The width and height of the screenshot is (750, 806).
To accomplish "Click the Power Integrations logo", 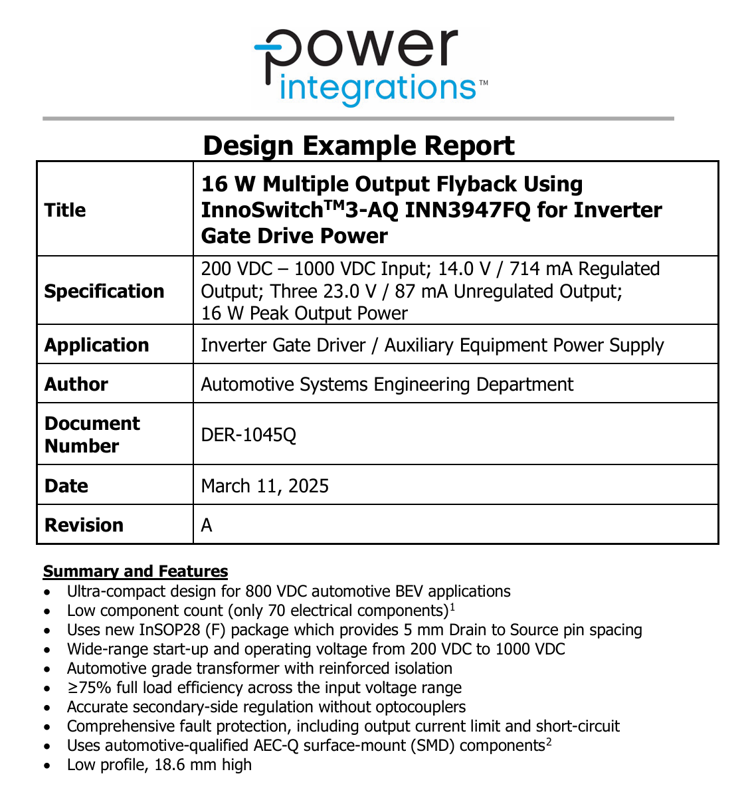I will pos(369,66).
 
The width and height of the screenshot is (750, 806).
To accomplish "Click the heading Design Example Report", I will pos(359,146).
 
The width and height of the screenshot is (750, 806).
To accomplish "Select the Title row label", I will pos(65,210).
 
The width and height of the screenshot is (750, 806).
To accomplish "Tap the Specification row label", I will pos(104,291).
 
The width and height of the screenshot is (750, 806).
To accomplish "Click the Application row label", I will pos(97,345).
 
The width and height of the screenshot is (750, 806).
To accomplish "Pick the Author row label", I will pos(76,384).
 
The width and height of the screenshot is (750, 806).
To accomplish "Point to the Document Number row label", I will pos(92,435).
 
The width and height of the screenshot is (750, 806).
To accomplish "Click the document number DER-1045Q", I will pos(248,435).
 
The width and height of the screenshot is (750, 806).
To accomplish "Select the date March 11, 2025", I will pos(265,486).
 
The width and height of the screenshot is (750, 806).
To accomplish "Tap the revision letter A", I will pos(207,525).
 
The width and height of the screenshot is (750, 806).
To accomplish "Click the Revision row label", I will pos(84,525).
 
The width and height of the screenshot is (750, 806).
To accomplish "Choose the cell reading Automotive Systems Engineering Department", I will pos(387,384).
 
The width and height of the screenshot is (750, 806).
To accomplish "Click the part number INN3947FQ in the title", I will pos(468,210).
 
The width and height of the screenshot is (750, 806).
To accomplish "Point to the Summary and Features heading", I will pos(136,571).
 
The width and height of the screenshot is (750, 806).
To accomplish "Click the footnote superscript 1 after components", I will pos(452,607).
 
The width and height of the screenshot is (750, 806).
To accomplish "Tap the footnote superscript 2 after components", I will pos(549,742).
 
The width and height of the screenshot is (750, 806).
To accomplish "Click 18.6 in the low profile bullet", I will pos(170,765).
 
